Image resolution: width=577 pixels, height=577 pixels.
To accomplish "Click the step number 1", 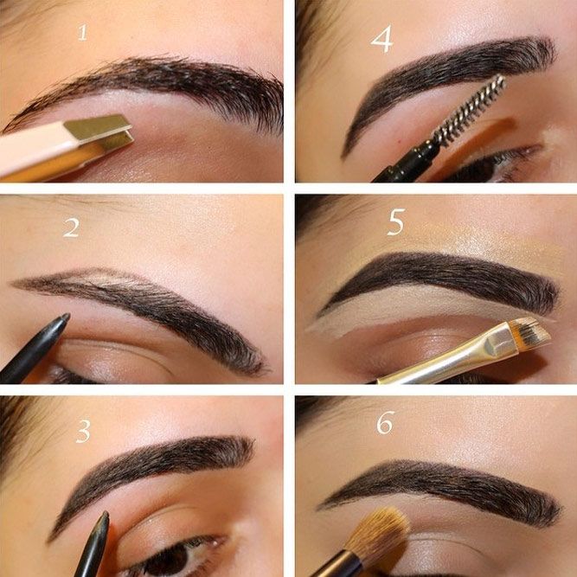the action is tap(83, 32).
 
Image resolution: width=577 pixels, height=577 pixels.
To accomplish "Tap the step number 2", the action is tap(72, 228).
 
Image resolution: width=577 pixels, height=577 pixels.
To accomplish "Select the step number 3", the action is tap(83, 431).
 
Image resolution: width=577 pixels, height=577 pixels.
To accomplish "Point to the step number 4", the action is tap(382, 40).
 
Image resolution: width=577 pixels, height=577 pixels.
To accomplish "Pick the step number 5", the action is tap(396, 222).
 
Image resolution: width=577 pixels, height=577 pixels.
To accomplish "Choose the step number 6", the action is tap(385, 422).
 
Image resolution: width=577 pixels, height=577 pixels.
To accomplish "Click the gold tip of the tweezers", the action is tap(99, 132).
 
